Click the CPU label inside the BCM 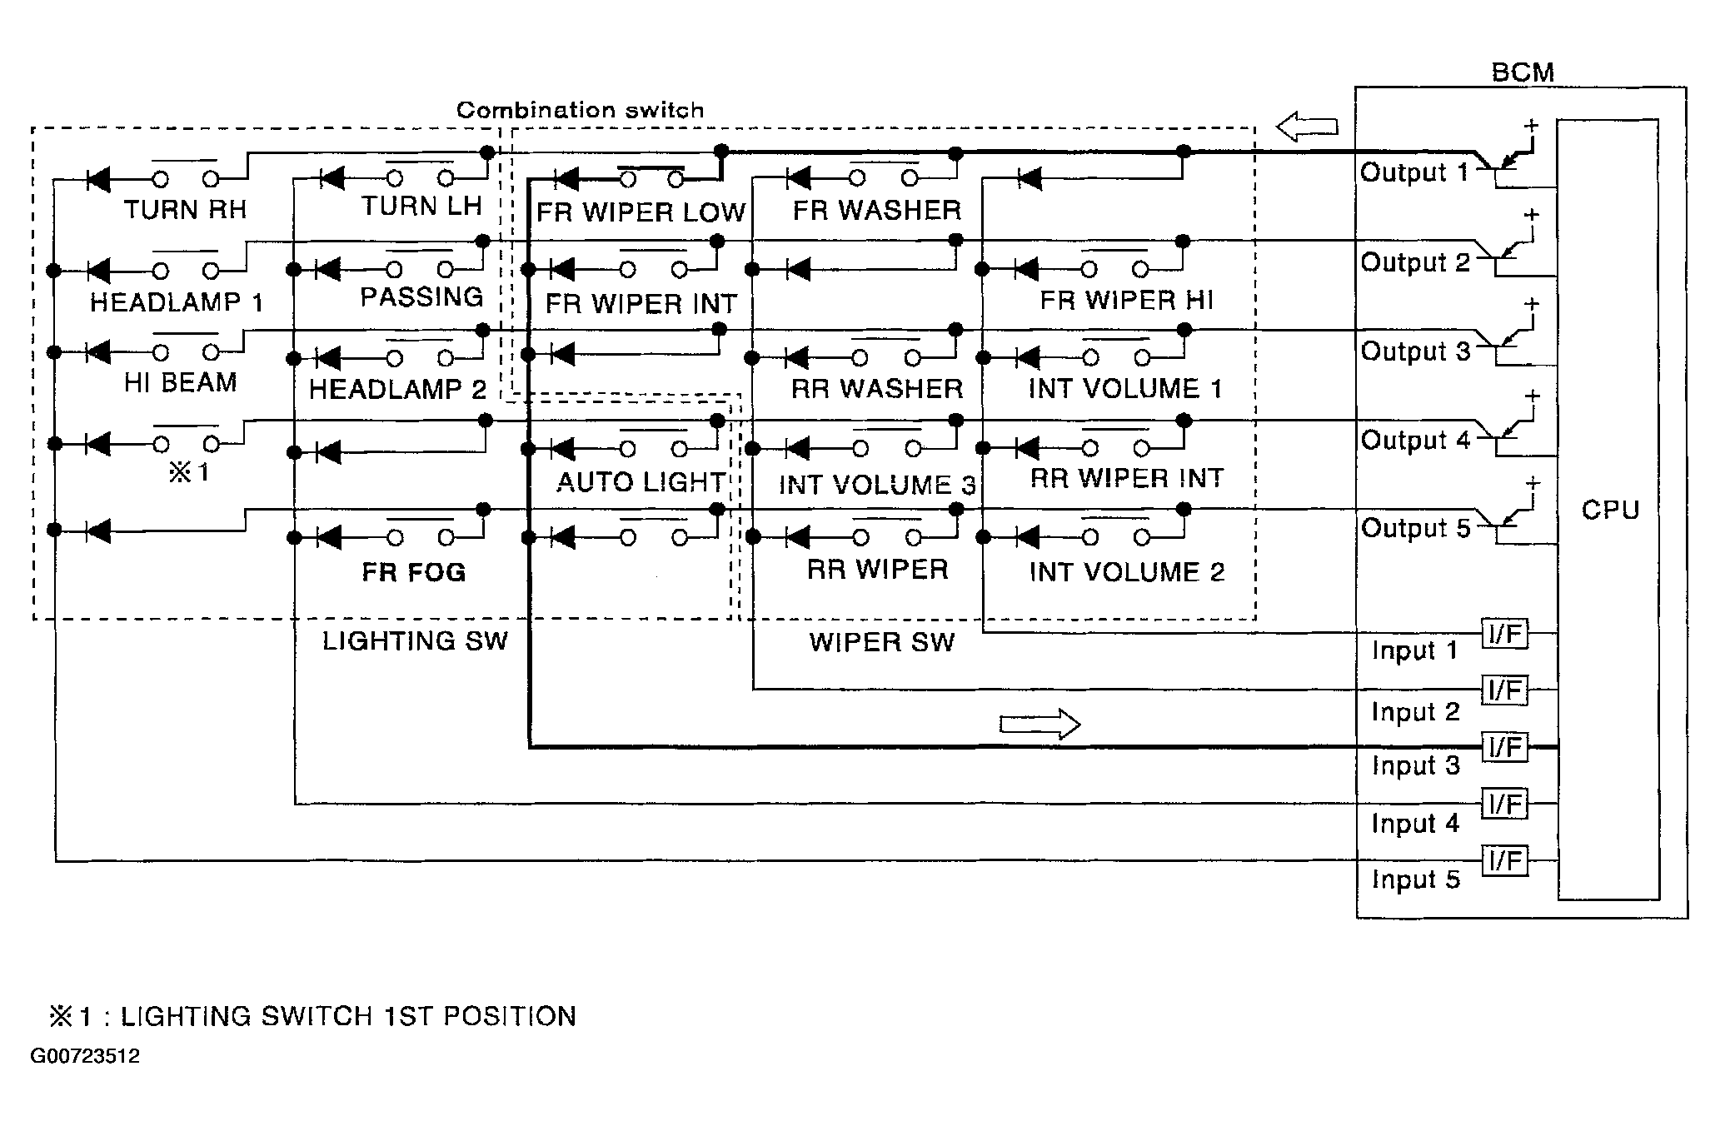(1609, 510)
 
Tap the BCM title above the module (1522, 72)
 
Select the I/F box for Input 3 (1505, 747)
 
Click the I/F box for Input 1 (1505, 635)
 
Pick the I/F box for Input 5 (1505, 859)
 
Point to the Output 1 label (1414, 173)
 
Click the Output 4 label (1415, 440)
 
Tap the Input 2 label (1415, 712)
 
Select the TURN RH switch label (185, 209)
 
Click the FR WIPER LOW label (640, 212)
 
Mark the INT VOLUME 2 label (1127, 572)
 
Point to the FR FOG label (414, 572)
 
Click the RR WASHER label (876, 388)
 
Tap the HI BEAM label (181, 382)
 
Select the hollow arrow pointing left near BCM (1307, 127)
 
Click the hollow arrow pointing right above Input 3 (1039, 724)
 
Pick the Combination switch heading (580, 110)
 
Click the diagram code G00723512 (85, 1056)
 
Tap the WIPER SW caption (881, 642)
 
